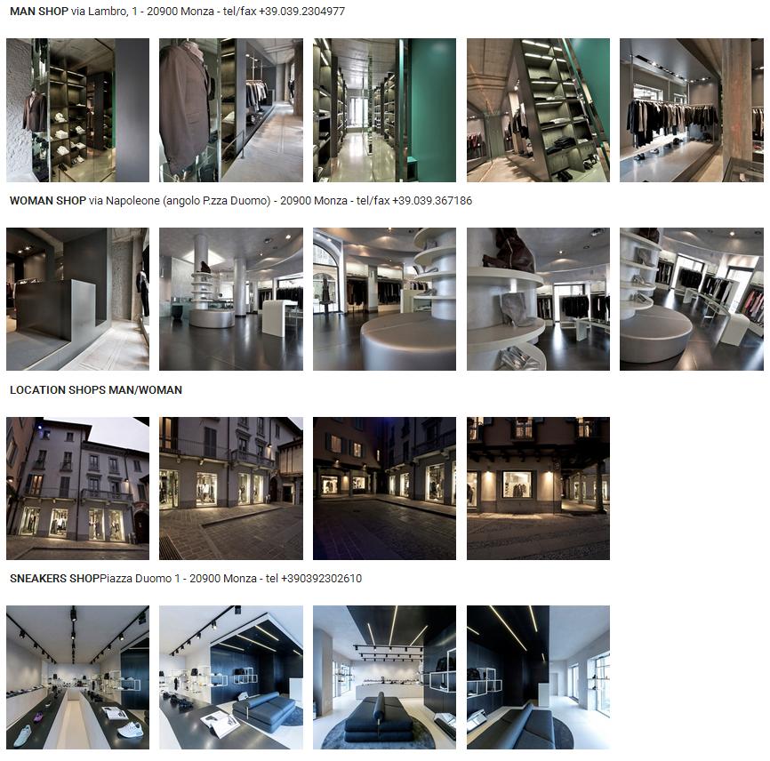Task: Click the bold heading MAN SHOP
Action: pyautogui.click(x=39, y=12)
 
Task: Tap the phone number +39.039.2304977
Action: pyautogui.click(x=302, y=12)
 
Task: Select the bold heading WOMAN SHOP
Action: pyautogui.click(x=48, y=201)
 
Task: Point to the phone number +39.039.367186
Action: pyautogui.click(x=432, y=201)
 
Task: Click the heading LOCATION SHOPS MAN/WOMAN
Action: pyautogui.click(x=96, y=389)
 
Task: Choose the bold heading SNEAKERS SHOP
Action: pyautogui.click(x=54, y=579)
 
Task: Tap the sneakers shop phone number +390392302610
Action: pyautogui.click(x=321, y=579)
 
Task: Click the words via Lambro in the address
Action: pyautogui.click(x=99, y=12)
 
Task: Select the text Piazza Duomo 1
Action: pyautogui.click(x=136, y=579)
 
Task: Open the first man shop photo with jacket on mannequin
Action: pyautogui.click(x=77, y=110)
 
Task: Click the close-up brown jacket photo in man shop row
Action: pyautogui.click(x=231, y=110)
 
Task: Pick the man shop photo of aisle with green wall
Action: pyautogui.click(x=384, y=110)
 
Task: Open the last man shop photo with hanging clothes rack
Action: pyautogui.click(x=692, y=110)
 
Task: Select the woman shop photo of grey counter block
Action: pyautogui.click(x=77, y=299)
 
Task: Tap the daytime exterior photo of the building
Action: pyautogui.click(x=77, y=488)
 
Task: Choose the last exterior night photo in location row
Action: pyautogui.click(x=538, y=488)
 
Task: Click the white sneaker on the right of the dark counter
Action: pyautogui.click(x=131, y=730)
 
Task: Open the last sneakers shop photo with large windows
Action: pyautogui.click(x=538, y=677)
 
